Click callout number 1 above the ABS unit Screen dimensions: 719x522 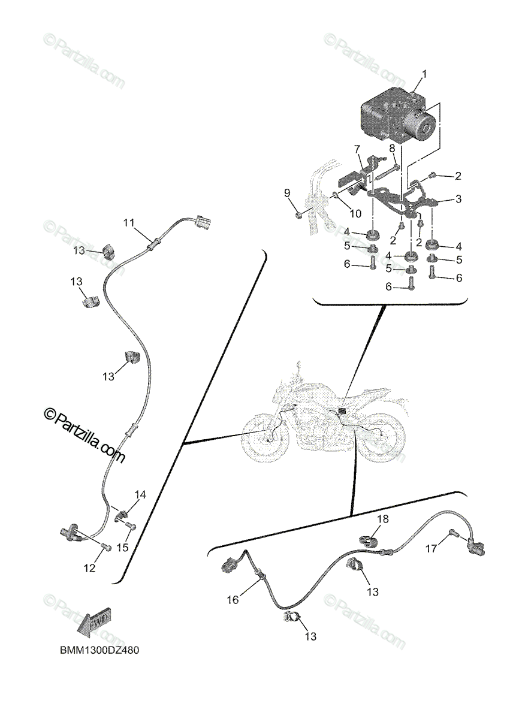pos(424,74)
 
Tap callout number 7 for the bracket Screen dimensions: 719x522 pos(357,148)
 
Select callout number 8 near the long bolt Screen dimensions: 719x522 pos(391,148)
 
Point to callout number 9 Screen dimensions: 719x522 pos(287,192)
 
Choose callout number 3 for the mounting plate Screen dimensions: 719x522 pos(458,199)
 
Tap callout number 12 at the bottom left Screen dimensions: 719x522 pos(89,569)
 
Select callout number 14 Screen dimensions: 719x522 pos(140,495)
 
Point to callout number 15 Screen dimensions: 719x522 pos(122,547)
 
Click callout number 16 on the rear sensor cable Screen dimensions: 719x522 pos(233,599)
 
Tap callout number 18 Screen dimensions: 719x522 pos(382,518)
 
